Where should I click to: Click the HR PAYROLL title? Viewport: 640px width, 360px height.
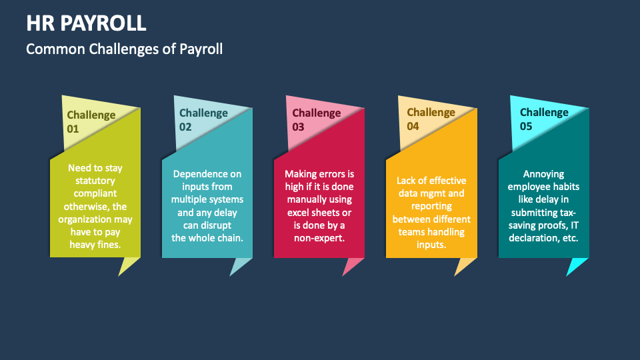pos(87,23)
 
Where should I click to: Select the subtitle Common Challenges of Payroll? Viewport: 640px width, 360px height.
pos(124,49)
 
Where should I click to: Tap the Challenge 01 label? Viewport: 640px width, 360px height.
pos(91,121)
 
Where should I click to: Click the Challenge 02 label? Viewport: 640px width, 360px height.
pos(203,119)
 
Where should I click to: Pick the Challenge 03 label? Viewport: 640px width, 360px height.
pos(316,119)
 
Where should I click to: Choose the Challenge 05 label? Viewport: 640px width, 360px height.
pos(544,119)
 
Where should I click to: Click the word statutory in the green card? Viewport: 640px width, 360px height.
pos(95,181)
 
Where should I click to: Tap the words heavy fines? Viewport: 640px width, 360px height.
pos(95,245)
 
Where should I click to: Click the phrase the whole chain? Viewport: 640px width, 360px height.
pos(207,238)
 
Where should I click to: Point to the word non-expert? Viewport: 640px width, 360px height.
pos(319,238)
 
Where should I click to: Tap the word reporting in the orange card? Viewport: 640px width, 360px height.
pos(431,206)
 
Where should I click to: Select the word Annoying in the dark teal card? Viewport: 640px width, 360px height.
pos(544,174)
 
